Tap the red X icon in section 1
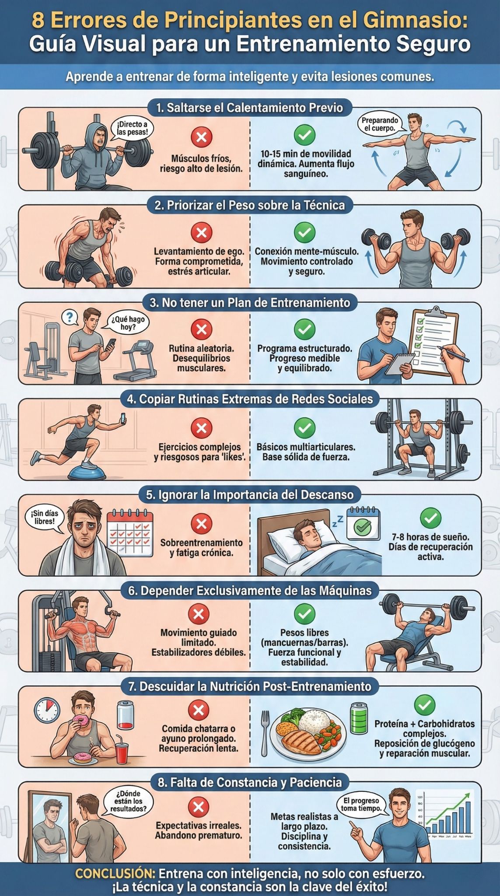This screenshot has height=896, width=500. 201,137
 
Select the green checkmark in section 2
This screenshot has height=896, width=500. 304,232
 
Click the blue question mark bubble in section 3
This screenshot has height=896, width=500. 69,317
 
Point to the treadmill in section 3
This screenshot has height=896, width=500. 139,360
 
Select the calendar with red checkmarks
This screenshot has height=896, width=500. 130,532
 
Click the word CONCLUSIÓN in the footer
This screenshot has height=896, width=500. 115,874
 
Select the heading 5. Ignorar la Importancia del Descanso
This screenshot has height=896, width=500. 249,495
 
